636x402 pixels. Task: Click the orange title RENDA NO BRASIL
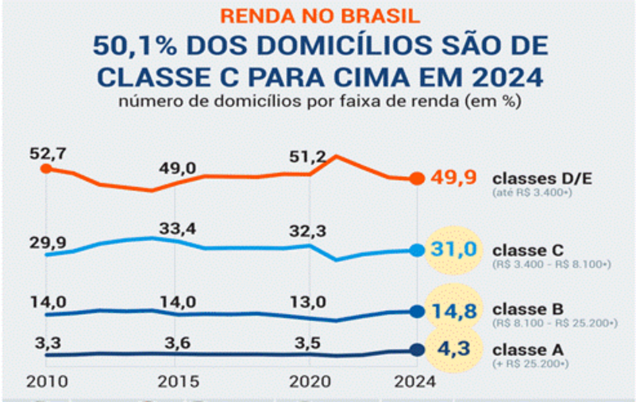[320, 16]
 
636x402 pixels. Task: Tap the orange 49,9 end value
[453, 177]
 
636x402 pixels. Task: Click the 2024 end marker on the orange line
[417, 178]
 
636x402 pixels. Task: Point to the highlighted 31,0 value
[453, 250]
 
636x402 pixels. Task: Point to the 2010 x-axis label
[45, 381]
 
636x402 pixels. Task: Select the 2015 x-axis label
[177, 381]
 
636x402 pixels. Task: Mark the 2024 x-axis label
[415, 381]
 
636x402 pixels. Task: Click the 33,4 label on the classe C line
[177, 228]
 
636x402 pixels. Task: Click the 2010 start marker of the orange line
[46, 168]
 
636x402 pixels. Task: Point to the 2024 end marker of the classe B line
[417, 311]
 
